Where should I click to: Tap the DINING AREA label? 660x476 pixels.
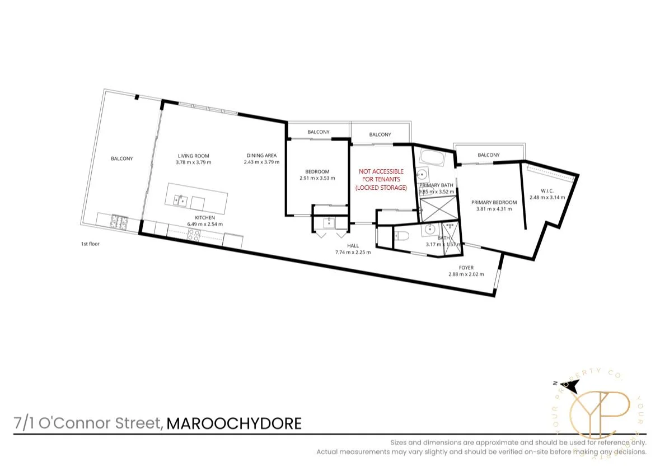(x=261, y=156)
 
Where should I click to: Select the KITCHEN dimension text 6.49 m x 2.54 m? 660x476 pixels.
(x=205, y=224)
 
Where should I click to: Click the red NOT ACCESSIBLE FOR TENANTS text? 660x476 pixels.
(x=381, y=179)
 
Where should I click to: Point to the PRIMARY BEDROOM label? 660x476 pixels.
(x=493, y=202)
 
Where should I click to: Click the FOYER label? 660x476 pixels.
(x=466, y=268)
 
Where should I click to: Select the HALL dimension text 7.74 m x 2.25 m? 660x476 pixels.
(x=353, y=252)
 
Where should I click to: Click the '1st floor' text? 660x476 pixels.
(x=91, y=244)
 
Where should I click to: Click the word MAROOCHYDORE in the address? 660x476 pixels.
(x=234, y=423)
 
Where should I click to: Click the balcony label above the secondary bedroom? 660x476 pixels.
(x=318, y=132)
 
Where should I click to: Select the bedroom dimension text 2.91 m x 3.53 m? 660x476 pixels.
(x=317, y=178)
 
